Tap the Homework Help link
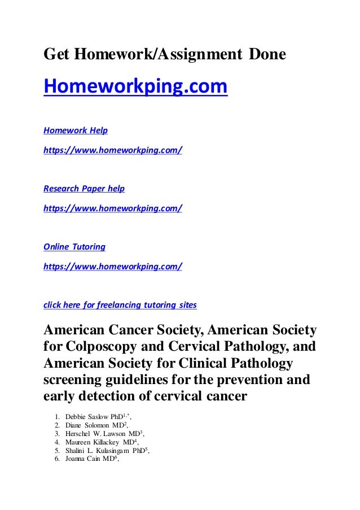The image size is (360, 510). point(76,130)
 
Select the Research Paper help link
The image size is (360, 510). point(84,188)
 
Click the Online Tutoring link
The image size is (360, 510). point(74,247)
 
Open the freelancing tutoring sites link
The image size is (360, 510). point(120,306)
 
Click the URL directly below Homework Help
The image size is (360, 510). point(113,151)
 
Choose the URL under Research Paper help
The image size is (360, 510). point(113,208)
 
